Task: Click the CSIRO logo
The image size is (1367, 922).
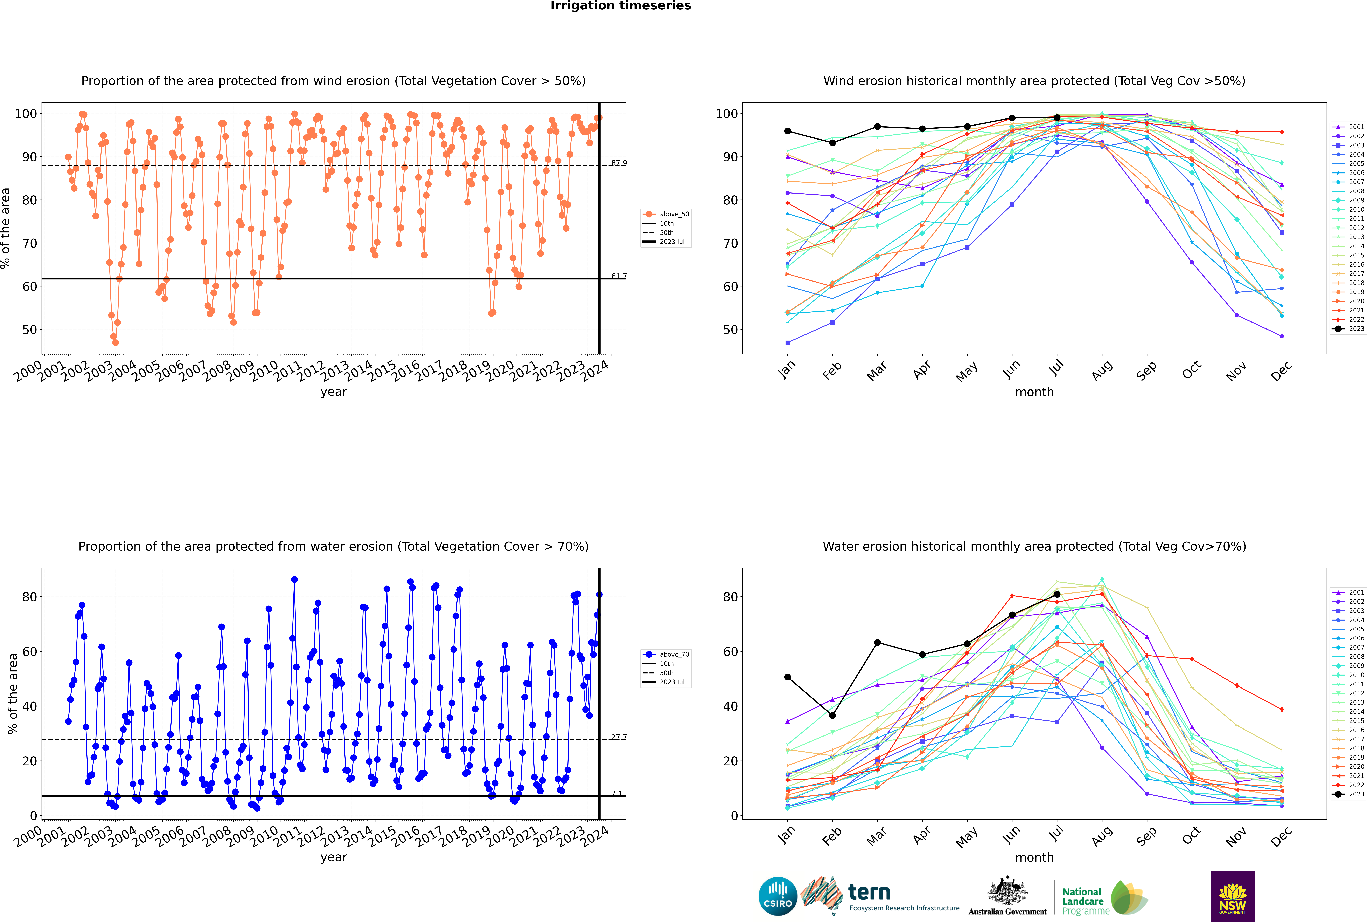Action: point(777,896)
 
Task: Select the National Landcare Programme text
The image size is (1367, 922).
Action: point(1083,901)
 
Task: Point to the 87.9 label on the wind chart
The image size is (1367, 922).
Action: point(618,163)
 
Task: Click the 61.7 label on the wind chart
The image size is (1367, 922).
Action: point(618,276)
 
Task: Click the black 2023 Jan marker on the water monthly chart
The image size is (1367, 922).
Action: point(788,677)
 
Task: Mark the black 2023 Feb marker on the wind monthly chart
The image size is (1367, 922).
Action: point(832,143)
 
